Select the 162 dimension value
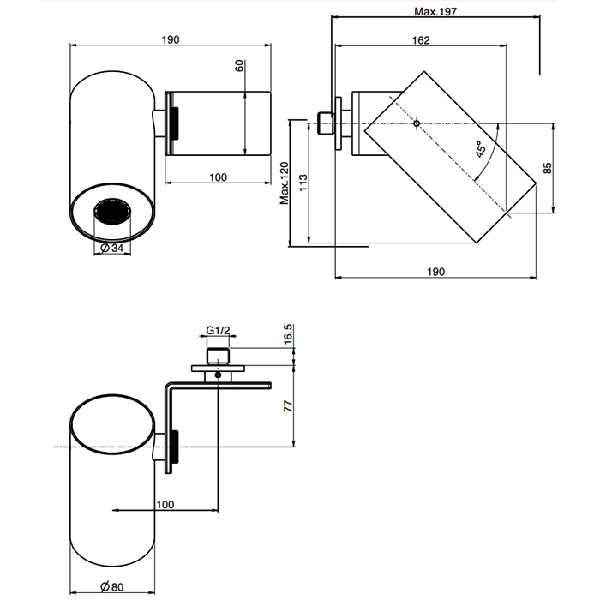coord(420,40)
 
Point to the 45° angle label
coord(483,150)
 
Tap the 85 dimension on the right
coord(548,167)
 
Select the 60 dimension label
coord(241,66)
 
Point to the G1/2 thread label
coord(219,328)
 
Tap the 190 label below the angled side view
coord(435,271)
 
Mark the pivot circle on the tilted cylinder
coord(416,124)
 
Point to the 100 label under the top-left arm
coord(218,177)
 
